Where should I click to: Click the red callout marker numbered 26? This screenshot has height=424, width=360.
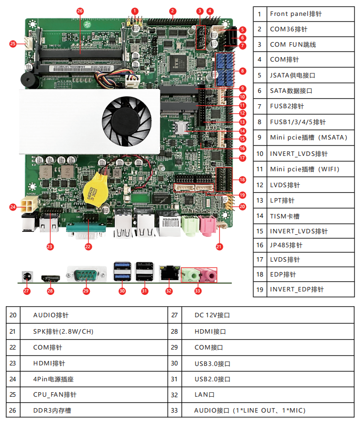pyautogui.click(x=80, y=10)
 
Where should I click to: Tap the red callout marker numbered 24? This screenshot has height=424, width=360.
pyautogui.click(x=13, y=206)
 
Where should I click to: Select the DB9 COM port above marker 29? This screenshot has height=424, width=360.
pyautogui.click(x=86, y=274)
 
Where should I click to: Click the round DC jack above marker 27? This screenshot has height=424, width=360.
pyautogui.click(x=27, y=275)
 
